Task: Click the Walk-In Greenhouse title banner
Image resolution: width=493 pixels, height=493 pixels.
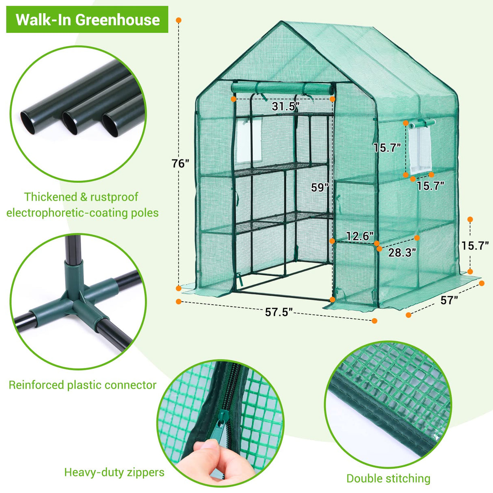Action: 87,19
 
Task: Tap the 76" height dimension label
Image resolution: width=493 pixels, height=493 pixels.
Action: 180,164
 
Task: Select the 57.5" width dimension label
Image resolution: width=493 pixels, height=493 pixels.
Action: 279,312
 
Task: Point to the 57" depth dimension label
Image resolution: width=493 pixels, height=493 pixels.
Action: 449,300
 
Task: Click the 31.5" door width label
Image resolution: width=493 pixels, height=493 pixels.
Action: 285,107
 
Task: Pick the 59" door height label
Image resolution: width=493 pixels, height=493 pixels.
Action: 320,188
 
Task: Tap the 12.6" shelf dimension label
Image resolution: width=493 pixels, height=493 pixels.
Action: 359,236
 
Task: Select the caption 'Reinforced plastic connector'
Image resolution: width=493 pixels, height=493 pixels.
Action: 82,385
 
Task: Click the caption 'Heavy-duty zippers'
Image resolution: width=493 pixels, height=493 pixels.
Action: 114,472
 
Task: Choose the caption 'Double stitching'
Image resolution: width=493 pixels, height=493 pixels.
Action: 388,478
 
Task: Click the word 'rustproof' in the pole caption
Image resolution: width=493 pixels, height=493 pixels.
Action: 114,197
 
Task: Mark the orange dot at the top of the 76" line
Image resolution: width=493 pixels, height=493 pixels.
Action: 179,20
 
